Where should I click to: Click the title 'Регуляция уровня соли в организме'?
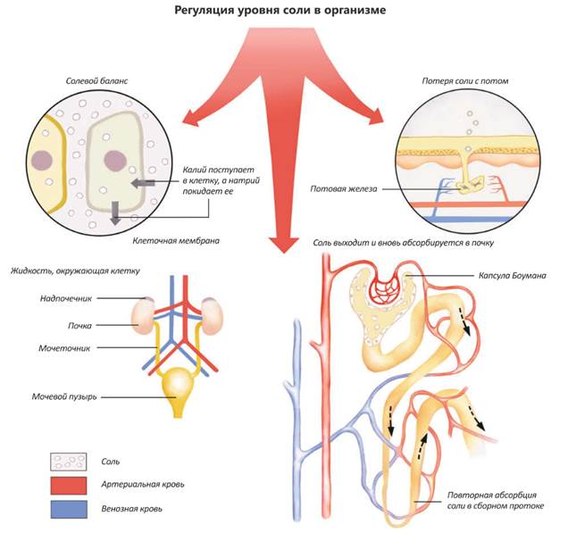[284, 12]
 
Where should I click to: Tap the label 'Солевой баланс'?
[96, 80]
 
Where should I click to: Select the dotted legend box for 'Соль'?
[68, 462]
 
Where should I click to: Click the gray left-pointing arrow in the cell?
[141, 184]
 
